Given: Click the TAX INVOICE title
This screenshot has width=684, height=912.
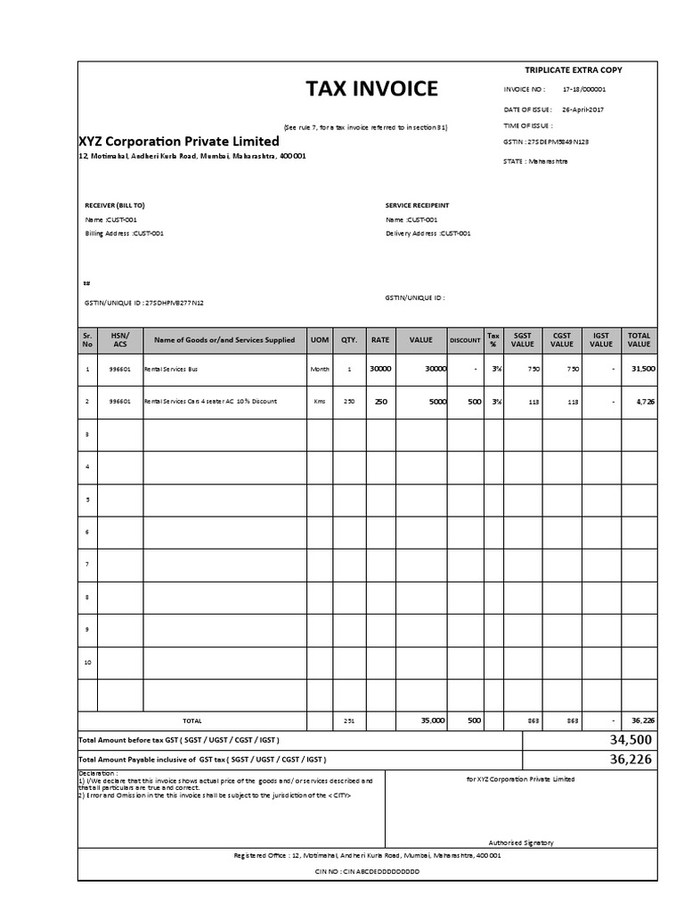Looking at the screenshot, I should pyautogui.click(x=371, y=88).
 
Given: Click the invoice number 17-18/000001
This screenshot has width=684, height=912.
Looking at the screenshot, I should pyautogui.click(x=584, y=89).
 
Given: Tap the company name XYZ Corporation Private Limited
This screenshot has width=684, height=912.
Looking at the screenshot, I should pyautogui.click(x=179, y=142).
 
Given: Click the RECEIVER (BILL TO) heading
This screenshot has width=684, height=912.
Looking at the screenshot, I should pyautogui.click(x=114, y=205).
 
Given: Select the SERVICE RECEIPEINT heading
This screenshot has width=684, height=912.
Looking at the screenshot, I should pyautogui.click(x=419, y=205).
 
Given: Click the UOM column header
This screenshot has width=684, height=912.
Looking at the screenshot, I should pyautogui.click(x=319, y=340).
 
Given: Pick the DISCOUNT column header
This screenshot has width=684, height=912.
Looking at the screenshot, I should pyautogui.click(x=465, y=340).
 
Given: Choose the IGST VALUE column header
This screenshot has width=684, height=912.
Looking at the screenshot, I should pyautogui.click(x=601, y=340).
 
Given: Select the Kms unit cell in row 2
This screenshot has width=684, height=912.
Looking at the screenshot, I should pyautogui.click(x=319, y=402).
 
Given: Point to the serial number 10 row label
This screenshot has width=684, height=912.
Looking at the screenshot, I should pyautogui.click(x=87, y=663).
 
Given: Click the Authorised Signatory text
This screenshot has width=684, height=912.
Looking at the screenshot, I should pyautogui.click(x=521, y=842).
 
